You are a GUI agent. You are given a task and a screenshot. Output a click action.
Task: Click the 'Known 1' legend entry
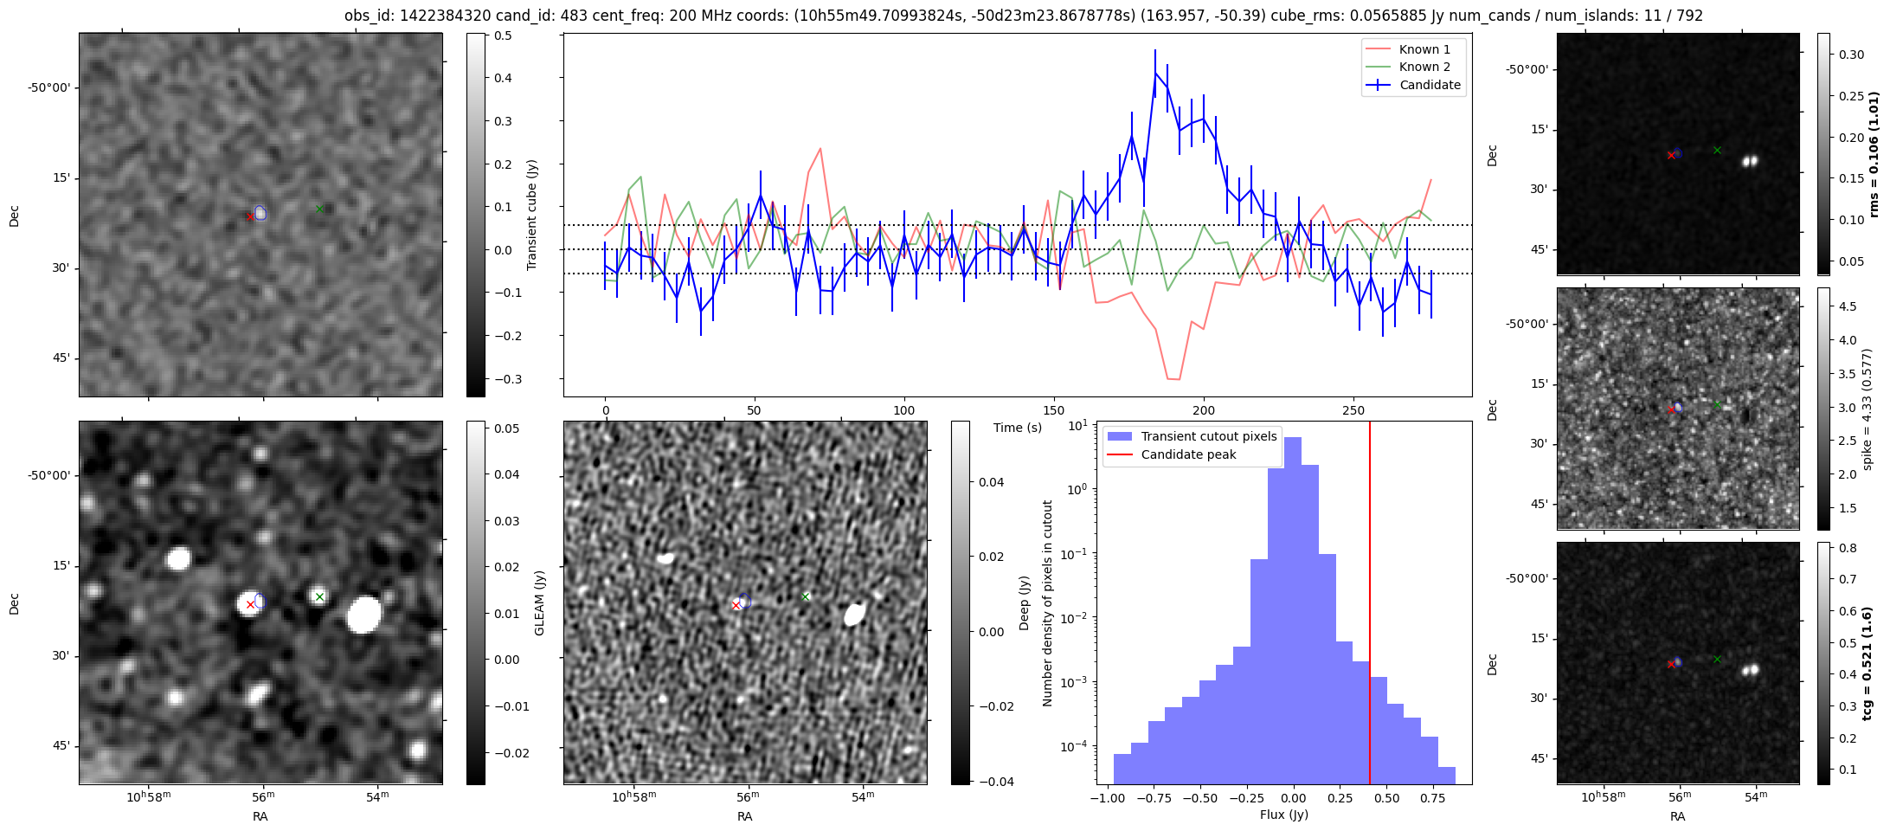(x=1424, y=49)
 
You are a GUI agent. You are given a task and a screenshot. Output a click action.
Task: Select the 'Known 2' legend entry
(x=1424, y=67)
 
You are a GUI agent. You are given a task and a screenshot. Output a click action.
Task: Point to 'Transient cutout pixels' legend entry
(x=1208, y=436)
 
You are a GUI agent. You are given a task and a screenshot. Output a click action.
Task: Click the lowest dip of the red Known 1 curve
(x=1173, y=379)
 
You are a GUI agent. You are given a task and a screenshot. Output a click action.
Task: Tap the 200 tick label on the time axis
(x=1203, y=410)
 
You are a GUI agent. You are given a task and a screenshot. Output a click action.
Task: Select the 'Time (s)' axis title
(x=1017, y=428)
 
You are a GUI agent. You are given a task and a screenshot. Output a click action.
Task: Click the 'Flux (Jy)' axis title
(x=1284, y=815)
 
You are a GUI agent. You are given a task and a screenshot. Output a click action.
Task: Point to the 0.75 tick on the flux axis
(x=1432, y=798)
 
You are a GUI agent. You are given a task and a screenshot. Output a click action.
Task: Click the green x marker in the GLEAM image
(x=319, y=596)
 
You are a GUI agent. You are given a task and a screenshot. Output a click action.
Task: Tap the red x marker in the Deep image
(x=736, y=605)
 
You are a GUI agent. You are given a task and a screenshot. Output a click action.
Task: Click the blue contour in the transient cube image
(x=260, y=213)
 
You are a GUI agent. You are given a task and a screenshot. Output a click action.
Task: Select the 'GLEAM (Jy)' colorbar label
(x=540, y=602)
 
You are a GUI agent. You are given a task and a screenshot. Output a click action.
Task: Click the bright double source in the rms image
(x=1751, y=161)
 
